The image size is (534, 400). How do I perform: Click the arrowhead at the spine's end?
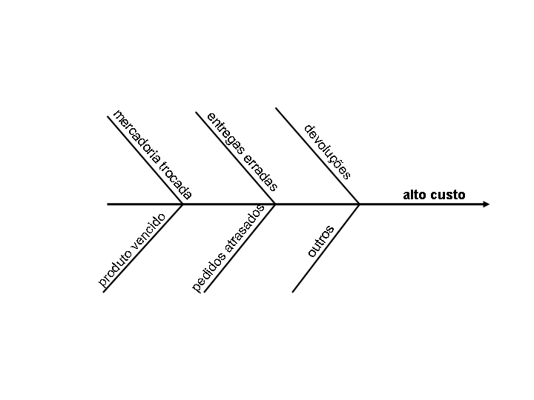(x=486, y=204)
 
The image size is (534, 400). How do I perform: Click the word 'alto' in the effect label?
(x=414, y=195)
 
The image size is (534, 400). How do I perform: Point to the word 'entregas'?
(x=225, y=134)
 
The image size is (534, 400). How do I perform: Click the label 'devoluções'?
(x=328, y=151)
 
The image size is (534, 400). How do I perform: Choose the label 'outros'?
(x=321, y=241)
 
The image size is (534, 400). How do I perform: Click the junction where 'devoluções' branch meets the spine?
(x=360, y=204)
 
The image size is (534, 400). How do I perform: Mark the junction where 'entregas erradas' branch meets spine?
(x=275, y=204)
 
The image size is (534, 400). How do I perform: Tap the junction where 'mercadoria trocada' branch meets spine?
(x=183, y=204)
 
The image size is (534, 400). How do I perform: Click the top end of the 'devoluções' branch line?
(x=276, y=108)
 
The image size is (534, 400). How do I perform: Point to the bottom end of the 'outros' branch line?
(x=293, y=292)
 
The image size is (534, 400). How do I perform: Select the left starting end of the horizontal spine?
(x=108, y=204)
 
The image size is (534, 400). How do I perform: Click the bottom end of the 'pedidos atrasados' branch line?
(x=204, y=292)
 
